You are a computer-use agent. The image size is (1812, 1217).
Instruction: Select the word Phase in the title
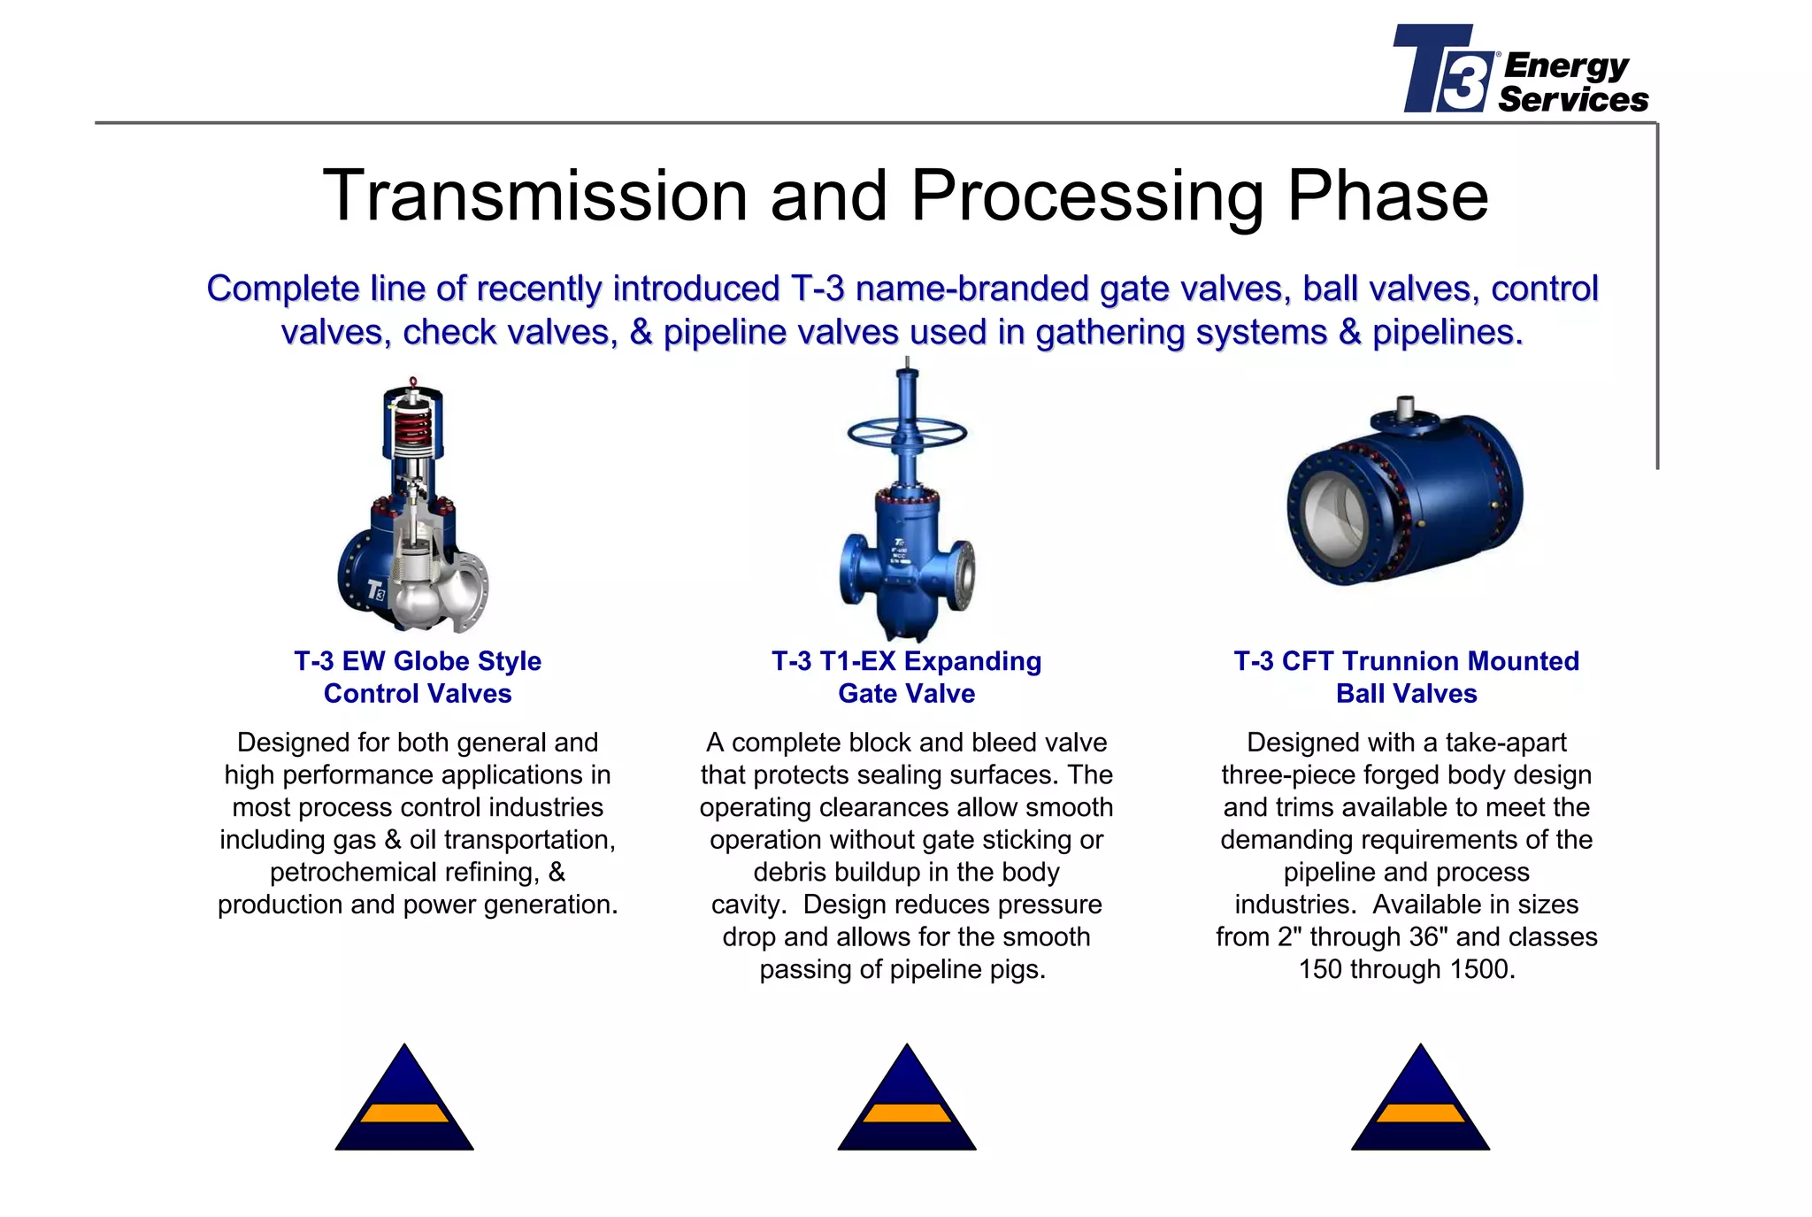1387,196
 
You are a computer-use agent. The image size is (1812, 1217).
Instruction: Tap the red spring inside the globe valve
413,429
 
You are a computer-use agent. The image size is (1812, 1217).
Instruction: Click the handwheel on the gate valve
907,433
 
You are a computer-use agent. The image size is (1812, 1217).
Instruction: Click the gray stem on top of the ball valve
1407,407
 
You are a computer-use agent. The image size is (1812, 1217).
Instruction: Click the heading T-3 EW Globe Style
418,661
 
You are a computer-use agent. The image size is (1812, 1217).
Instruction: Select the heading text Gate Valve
906,694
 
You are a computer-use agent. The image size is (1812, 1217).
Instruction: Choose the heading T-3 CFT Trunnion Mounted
1406,661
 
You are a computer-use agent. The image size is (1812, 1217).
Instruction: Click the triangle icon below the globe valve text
404,1102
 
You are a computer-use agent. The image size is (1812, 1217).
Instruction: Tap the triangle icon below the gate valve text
907,1102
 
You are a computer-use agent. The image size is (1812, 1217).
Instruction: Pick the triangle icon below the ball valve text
1420,1102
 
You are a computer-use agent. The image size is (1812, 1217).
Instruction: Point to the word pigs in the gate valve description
1017,970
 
